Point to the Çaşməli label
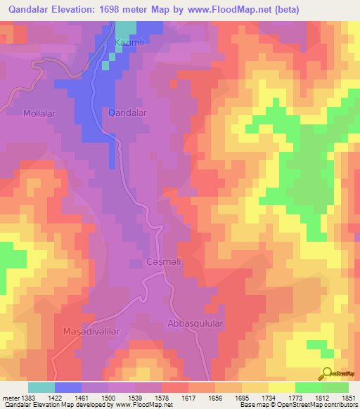point(146,264)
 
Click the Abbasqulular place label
point(195,323)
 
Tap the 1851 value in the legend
point(349,397)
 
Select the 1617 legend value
point(188,397)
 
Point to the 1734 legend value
point(269,397)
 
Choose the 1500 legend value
point(108,397)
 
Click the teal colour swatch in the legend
point(41,387)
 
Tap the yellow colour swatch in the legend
point(281,387)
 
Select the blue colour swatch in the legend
point(68,387)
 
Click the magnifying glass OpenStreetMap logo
point(327,374)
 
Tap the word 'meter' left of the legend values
point(9,397)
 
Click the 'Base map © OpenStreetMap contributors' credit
point(297,405)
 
